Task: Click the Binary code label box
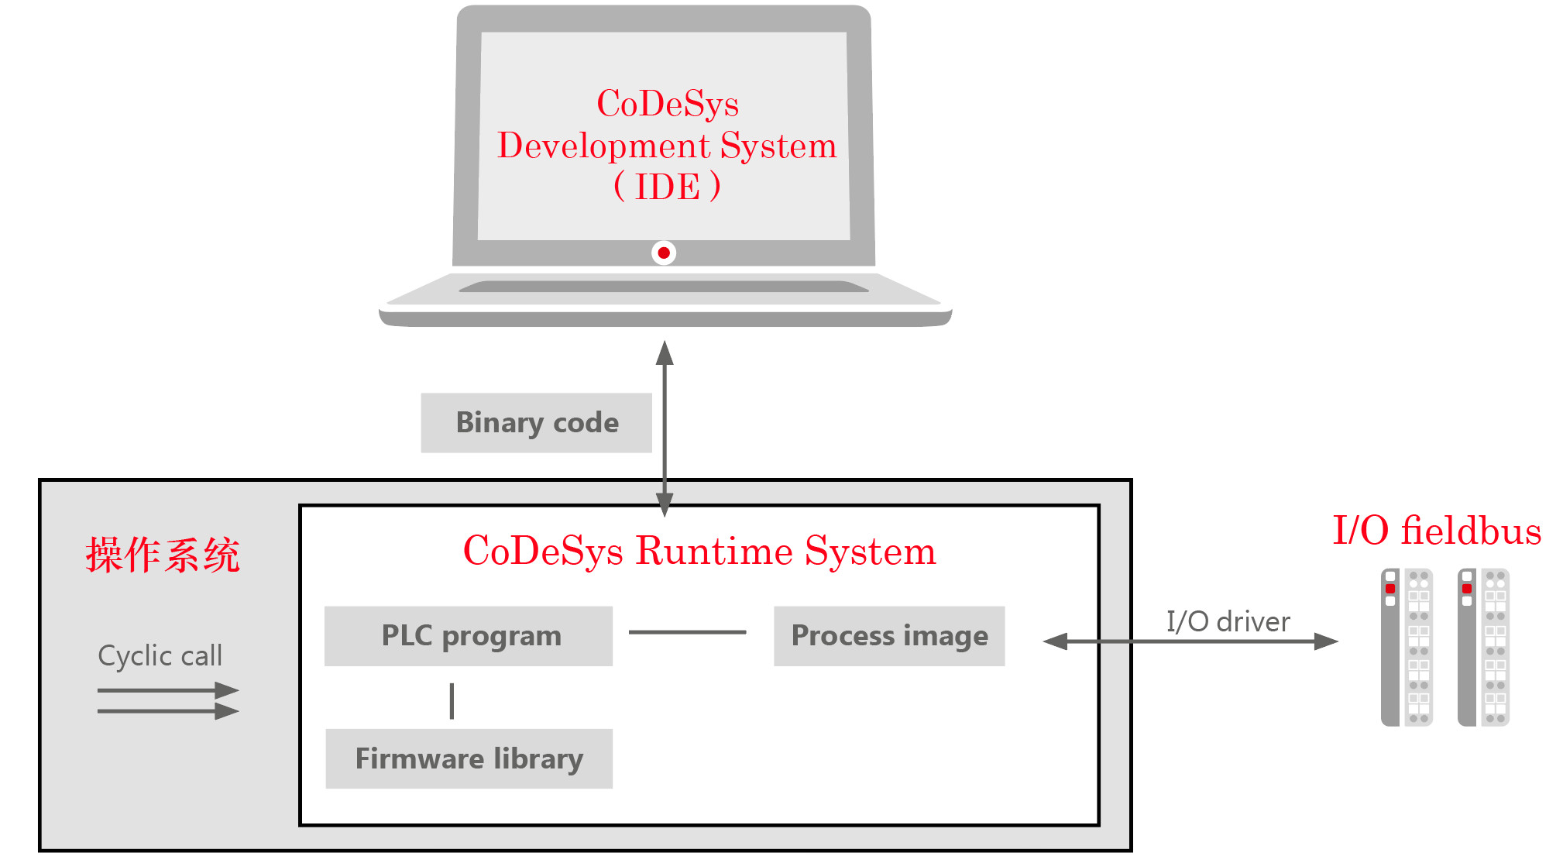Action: tap(536, 423)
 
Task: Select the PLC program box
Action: tap(469, 636)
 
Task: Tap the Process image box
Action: tap(889, 636)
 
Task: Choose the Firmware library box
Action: tap(469, 758)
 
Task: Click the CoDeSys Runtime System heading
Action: tap(699, 551)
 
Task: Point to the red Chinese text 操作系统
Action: tap(163, 555)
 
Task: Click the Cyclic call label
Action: tap(160, 656)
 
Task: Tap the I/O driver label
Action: tap(1228, 621)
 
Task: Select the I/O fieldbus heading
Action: tap(1437, 531)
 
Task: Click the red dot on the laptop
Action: tap(664, 253)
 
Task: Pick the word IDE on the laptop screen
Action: tap(667, 187)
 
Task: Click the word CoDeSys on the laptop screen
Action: tap(668, 104)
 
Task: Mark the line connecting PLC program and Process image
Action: tap(687, 632)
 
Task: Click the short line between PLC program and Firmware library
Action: tap(452, 700)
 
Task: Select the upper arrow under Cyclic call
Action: tap(167, 690)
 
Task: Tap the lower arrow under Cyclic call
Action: tap(167, 710)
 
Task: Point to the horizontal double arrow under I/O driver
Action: tap(1190, 641)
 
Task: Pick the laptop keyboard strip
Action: tap(664, 287)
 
